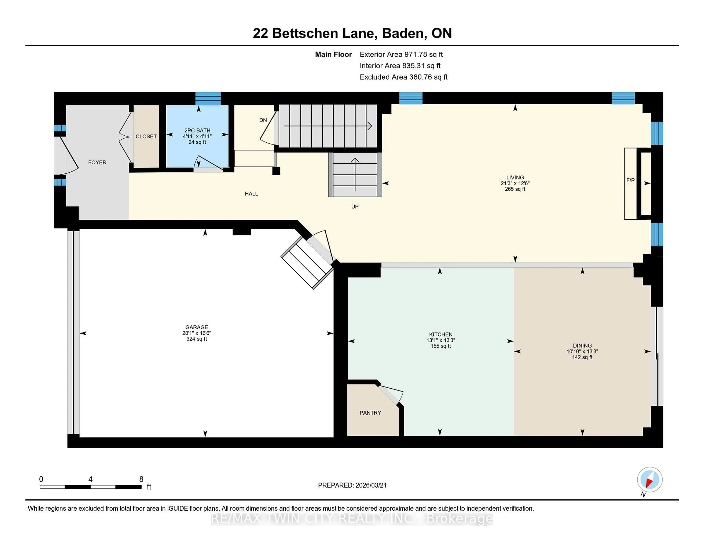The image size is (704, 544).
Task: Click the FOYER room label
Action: [x=97, y=162]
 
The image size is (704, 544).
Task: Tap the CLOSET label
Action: [x=146, y=137]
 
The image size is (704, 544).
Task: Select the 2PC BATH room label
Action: [x=197, y=131]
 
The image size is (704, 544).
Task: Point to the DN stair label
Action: [x=263, y=120]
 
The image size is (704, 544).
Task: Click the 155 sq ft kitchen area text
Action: [x=441, y=346]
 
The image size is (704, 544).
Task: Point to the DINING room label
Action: [x=582, y=345]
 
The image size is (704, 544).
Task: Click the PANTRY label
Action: [x=370, y=413]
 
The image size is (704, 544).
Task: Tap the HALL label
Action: [x=251, y=194]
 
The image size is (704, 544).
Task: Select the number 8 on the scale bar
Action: [x=141, y=479]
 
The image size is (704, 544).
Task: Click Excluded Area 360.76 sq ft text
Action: [x=403, y=77]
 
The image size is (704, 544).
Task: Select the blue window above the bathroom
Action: [x=208, y=99]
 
